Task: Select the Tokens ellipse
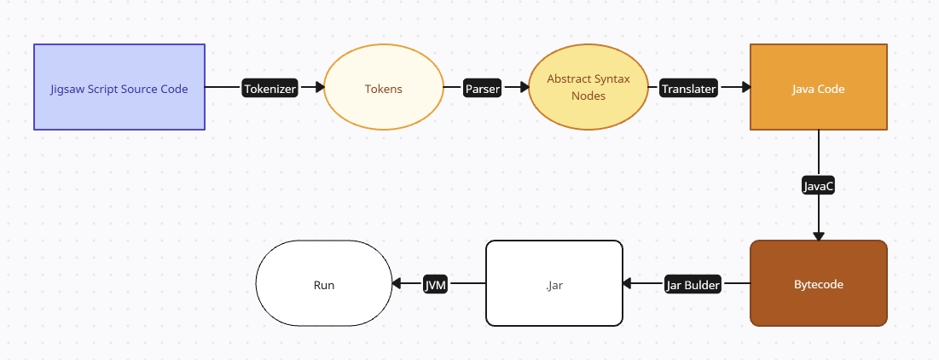click(384, 88)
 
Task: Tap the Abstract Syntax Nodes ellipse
click(588, 87)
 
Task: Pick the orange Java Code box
click(819, 87)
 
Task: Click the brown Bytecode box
click(819, 284)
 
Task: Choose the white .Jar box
click(554, 284)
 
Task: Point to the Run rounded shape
click(324, 284)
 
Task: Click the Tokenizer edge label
click(270, 88)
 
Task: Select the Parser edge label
click(482, 88)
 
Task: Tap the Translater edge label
click(689, 88)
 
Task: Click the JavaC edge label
click(819, 185)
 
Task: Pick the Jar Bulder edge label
click(693, 284)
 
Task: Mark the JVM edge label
click(436, 284)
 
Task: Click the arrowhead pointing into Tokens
click(320, 87)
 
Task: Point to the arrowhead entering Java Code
click(745, 87)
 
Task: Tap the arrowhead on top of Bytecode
click(819, 235)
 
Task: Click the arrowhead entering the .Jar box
click(629, 284)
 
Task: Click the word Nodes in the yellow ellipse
click(588, 96)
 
